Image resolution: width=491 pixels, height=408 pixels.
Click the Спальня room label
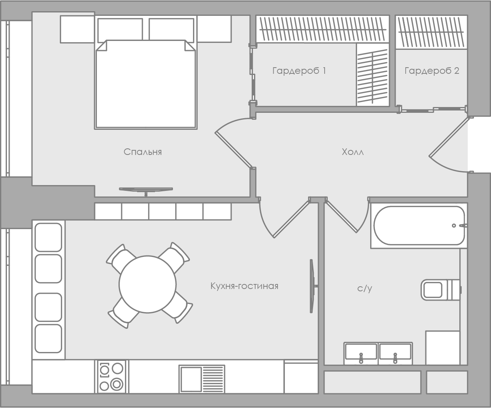point(143,152)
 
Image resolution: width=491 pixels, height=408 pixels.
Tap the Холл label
point(353,152)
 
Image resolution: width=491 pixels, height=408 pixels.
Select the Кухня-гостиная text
point(244,286)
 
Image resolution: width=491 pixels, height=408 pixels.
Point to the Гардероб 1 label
point(299,71)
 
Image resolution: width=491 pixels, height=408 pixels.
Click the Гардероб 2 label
point(432,71)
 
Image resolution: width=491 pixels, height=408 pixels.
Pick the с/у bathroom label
point(365,289)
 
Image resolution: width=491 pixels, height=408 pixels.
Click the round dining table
point(147,284)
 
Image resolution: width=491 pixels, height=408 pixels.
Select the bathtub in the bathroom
point(419,226)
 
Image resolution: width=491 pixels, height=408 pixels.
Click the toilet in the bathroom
point(441,290)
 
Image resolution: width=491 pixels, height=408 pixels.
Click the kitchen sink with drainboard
point(202,379)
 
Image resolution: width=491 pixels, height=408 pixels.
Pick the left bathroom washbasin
point(361,354)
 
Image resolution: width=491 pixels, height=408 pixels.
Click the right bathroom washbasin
point(395,354)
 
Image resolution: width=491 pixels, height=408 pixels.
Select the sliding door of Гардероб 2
point(432,109)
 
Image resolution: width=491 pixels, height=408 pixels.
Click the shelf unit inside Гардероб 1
point(372,75)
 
